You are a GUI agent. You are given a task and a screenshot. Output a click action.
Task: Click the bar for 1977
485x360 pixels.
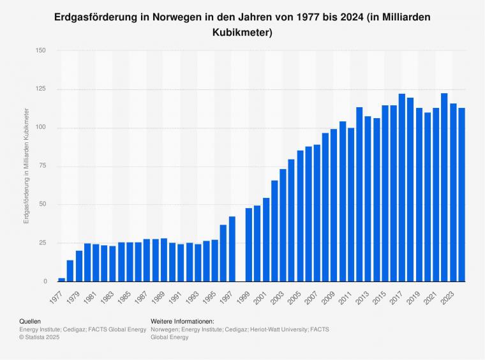[62, 280]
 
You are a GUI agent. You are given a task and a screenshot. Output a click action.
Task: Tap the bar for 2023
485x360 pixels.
[453, 192]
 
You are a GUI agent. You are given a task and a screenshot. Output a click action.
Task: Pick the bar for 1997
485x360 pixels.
[232, 249]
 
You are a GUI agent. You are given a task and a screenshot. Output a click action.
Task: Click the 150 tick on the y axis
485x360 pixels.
[41, 50]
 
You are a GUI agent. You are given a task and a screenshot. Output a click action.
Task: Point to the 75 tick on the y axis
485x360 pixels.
[43, 166]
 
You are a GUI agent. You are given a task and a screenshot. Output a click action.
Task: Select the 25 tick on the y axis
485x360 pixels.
[43, 243]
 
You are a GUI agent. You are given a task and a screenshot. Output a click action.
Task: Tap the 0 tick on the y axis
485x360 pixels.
[45, 281]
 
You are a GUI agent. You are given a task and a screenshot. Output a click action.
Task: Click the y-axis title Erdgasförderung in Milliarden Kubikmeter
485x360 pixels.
[26, 166]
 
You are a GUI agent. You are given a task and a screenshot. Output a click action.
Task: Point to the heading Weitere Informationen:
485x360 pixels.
[182, 321]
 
